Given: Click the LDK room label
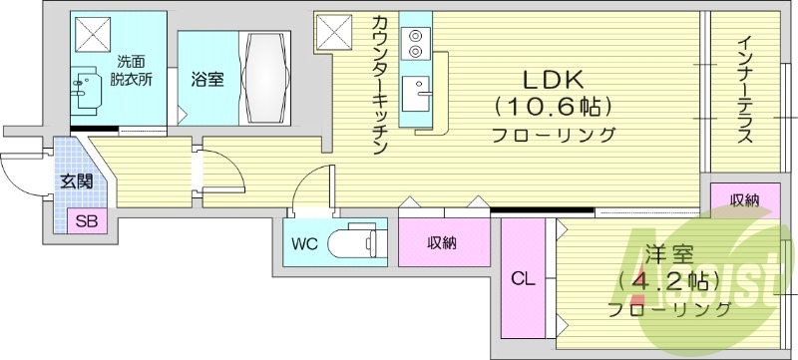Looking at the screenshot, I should pos(550,80).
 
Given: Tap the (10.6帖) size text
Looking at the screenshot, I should pos(551,106).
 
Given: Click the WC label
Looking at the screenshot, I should pos(304,243).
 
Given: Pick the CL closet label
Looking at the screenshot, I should pos(522,280).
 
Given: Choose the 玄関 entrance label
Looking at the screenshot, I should pos(76,181).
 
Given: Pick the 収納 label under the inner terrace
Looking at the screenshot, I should pos(743,200).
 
